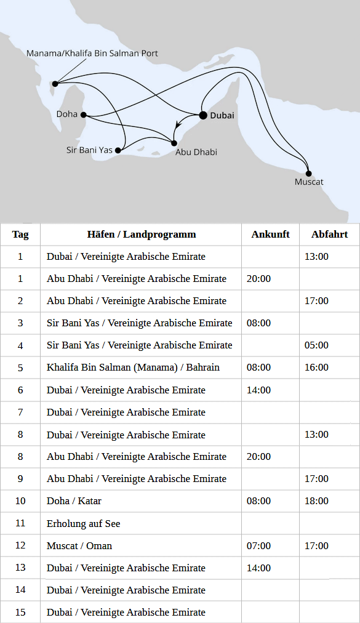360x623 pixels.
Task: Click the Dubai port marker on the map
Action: [x=202, y=115]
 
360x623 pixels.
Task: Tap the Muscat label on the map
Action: [x=309, y=182]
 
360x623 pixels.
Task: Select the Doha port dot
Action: [x=83, y=115]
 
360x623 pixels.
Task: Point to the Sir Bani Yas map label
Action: [x=89, y=150]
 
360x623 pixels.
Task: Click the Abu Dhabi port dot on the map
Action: [x=174, y=143]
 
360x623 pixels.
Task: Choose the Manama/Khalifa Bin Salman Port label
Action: [x=92, y=54]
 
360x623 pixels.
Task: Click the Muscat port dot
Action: [x=308, y=173]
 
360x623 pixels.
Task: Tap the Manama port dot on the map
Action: [x=55, y=84]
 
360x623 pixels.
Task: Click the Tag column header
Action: [x=20, y=234]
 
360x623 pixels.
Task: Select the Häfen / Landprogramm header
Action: [x=142, y=234]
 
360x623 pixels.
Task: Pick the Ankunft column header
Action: [x=270, y=234]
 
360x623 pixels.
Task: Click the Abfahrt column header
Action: [x=329, y=234]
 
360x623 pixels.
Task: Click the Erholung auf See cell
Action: [x=84, y=523]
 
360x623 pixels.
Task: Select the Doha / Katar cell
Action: [x=74, y=501]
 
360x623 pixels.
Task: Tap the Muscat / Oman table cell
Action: [x=79, y=545]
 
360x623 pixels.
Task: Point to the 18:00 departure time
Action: [x=316, y=501]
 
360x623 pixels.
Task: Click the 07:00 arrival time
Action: [x=258, y=545]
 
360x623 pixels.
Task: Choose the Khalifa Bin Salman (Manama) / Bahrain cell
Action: [x=134, y=368]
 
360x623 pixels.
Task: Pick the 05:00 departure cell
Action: [x=316, y=345]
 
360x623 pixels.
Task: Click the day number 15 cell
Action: [x=20, y=613]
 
